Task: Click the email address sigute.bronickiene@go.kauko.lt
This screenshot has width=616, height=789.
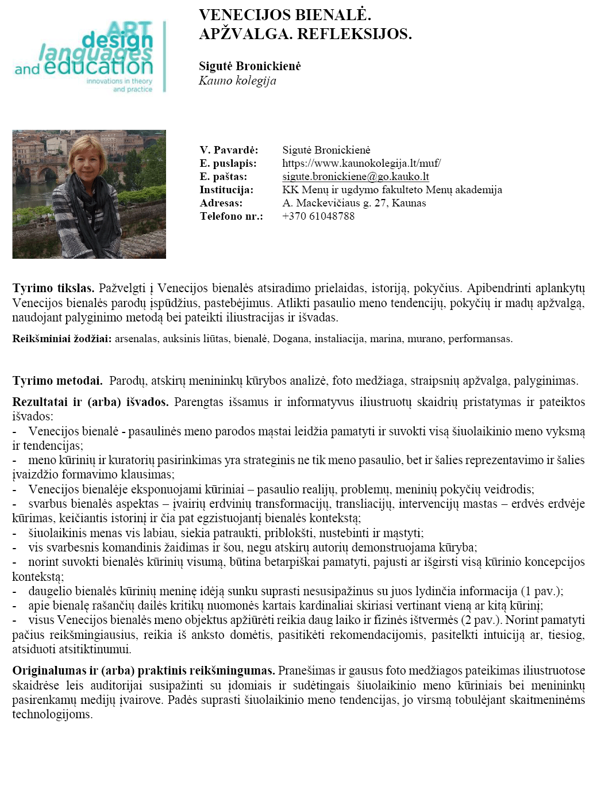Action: pos(355,177)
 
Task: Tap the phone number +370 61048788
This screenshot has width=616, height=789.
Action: pos(318,216)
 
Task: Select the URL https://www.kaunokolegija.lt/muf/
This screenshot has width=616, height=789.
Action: pos(361,163)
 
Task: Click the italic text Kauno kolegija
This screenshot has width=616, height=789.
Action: pos(237,81)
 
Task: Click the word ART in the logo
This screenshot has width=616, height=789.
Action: pos(130,29)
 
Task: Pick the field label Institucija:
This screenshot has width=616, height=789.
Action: pos(226,190)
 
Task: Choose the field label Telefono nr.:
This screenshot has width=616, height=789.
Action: pos(231,216)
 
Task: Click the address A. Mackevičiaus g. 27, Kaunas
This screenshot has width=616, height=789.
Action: pos(354,203)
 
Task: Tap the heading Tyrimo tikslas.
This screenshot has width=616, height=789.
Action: pos(53,288)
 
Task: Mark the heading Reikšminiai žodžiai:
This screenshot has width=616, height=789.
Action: pos(62,339)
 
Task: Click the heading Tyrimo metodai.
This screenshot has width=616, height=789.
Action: pos(57,381)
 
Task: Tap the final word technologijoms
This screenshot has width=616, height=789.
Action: pos(52,714)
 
